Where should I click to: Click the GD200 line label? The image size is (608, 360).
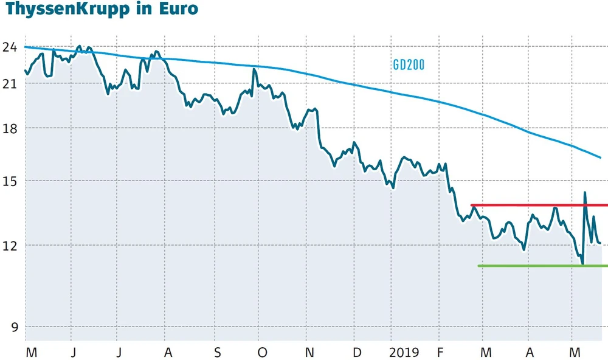click(x=408, y=65)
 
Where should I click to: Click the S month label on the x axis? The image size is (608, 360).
click(x=218, y=353)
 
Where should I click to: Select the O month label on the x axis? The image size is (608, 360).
click(x=262, y=353)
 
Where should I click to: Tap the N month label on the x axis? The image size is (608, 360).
click(x=309, y=353)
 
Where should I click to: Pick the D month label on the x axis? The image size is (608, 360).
click(x=357, y=353)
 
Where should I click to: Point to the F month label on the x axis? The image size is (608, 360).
click(x=440, y=353)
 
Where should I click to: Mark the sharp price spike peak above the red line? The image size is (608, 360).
click(x=585, y=193)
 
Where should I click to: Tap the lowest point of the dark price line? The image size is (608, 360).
click(x=582, y=263)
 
